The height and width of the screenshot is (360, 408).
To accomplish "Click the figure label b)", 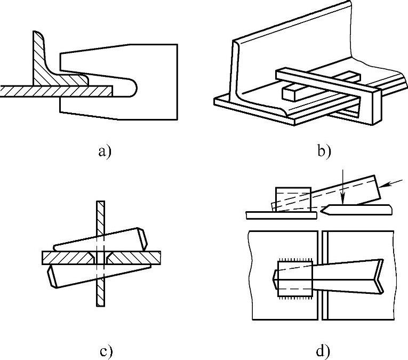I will (x=324, y=151).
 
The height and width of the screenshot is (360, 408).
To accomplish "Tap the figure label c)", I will (x=106, y=351).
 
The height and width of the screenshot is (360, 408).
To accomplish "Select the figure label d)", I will (x=324, y=351).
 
